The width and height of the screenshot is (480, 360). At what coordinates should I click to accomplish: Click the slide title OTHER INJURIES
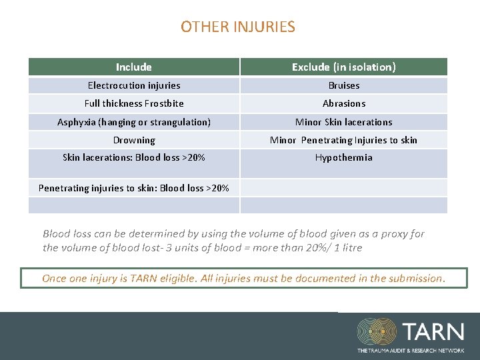(x=237, y=27)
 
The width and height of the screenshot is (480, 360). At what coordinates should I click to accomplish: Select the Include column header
(x=134, y=67)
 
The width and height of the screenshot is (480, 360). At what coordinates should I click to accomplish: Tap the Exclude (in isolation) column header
(x=343, y=67)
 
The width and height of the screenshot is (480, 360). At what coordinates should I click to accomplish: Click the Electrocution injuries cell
(x=134, y=85)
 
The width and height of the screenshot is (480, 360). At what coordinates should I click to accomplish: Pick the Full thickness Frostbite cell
(x=134, y=103)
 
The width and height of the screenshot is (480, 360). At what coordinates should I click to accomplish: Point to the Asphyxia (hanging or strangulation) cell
(x=134, y=122)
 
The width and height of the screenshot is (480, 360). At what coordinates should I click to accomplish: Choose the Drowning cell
(x=134, y=140)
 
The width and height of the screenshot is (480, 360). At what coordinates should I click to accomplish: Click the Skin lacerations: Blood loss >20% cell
(x=134, y=158)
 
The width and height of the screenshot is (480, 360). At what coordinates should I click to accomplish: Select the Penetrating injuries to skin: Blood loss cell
(x=134, y=188)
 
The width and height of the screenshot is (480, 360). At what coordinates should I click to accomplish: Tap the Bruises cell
(x=343, y=85)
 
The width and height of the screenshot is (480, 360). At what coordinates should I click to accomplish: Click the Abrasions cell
(x=343, y=103)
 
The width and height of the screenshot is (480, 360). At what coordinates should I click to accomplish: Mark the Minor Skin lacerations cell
(x=343, y=122)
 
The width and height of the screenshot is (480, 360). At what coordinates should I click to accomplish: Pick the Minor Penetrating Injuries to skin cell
(x=343, y=140)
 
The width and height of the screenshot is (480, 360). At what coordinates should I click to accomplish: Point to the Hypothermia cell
(x=343, y=158)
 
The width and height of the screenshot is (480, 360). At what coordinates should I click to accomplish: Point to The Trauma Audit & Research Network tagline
(x=411, y=350)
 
